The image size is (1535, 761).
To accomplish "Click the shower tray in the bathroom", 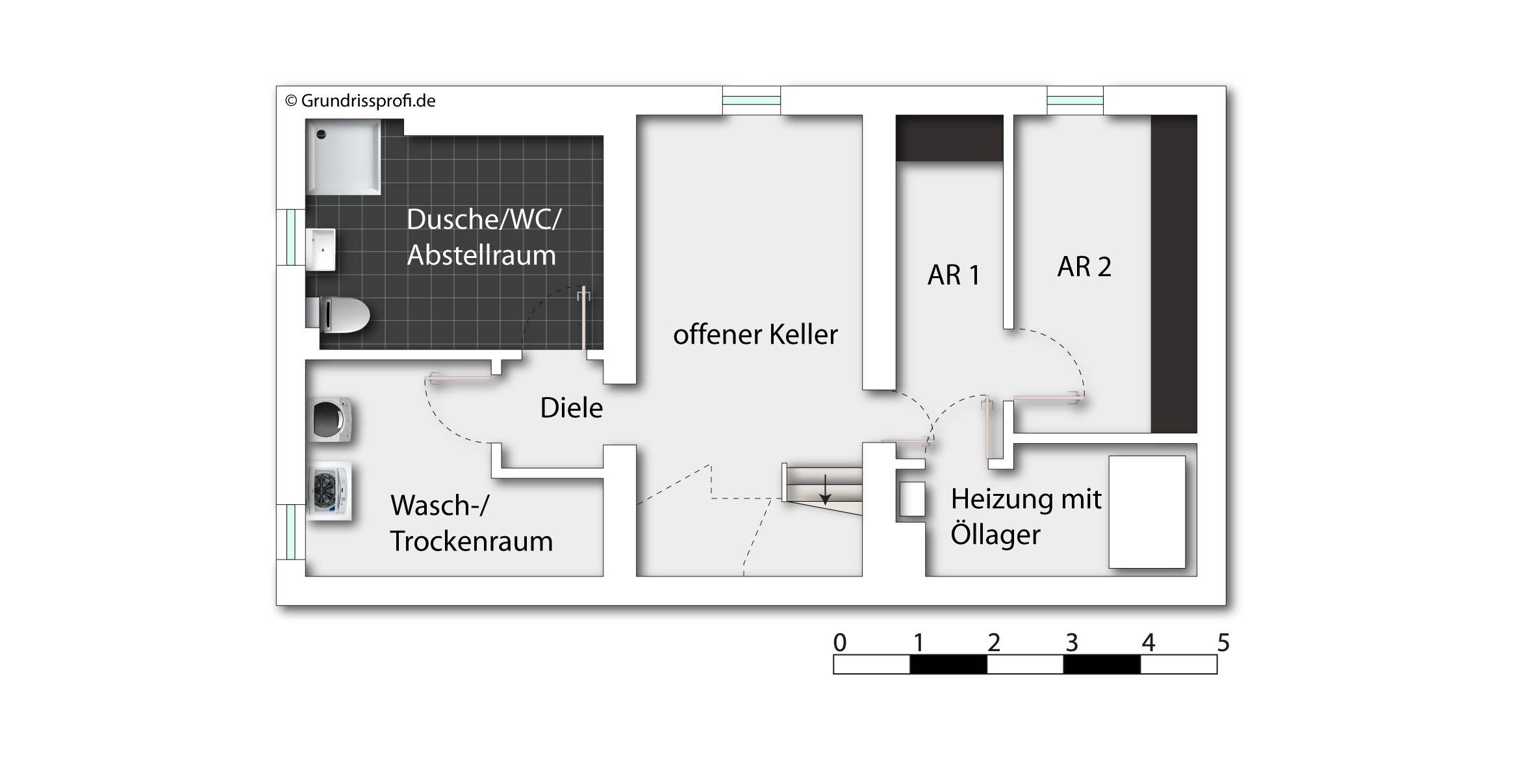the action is [x=343, y=156].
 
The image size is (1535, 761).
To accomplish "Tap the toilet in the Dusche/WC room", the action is [x=338, y=315].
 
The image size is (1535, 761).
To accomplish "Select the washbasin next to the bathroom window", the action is [x=321, y=250].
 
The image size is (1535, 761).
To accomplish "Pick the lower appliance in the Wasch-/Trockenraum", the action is [x=329, y=491].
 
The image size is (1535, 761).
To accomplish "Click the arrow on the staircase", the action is [x=824, y=489].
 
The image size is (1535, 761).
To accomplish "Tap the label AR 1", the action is [x=954, y=275].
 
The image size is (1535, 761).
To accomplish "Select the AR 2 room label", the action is [x=1084, y=266].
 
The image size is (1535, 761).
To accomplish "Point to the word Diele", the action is [x=572, y=407].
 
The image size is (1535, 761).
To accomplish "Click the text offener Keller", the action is [x=755, y=335].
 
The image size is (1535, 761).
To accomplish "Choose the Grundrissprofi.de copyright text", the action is [x=361, y=101].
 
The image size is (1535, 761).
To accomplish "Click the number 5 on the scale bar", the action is [x=1223, y=643].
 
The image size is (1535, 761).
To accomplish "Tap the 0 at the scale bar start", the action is [x=840, y=643].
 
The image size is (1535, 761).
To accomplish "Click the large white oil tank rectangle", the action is [x=1147, y=512].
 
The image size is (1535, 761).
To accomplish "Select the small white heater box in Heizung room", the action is [x=913, y=500].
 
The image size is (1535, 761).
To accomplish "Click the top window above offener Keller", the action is [x=752, y=101].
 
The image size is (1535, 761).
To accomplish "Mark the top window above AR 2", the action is [x=1075, y=101].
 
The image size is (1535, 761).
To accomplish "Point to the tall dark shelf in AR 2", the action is [x=1174, y=274].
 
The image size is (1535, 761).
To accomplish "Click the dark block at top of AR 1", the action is [x=950, y=138].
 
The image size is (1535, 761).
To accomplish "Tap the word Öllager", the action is [x=995, y=535].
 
